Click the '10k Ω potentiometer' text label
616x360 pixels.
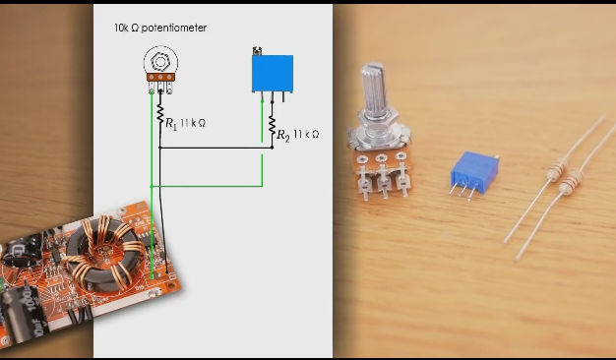[160, 29]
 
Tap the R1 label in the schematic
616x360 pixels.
[171, 124]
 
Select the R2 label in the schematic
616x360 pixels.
[283, 135]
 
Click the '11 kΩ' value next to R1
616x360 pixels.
[193, 123]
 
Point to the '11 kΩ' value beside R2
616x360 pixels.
[306, 134]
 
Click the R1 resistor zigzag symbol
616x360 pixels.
[160, 114]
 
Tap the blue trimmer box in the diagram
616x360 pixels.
[272, 72]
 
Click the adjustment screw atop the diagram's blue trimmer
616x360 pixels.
[257, 50]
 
